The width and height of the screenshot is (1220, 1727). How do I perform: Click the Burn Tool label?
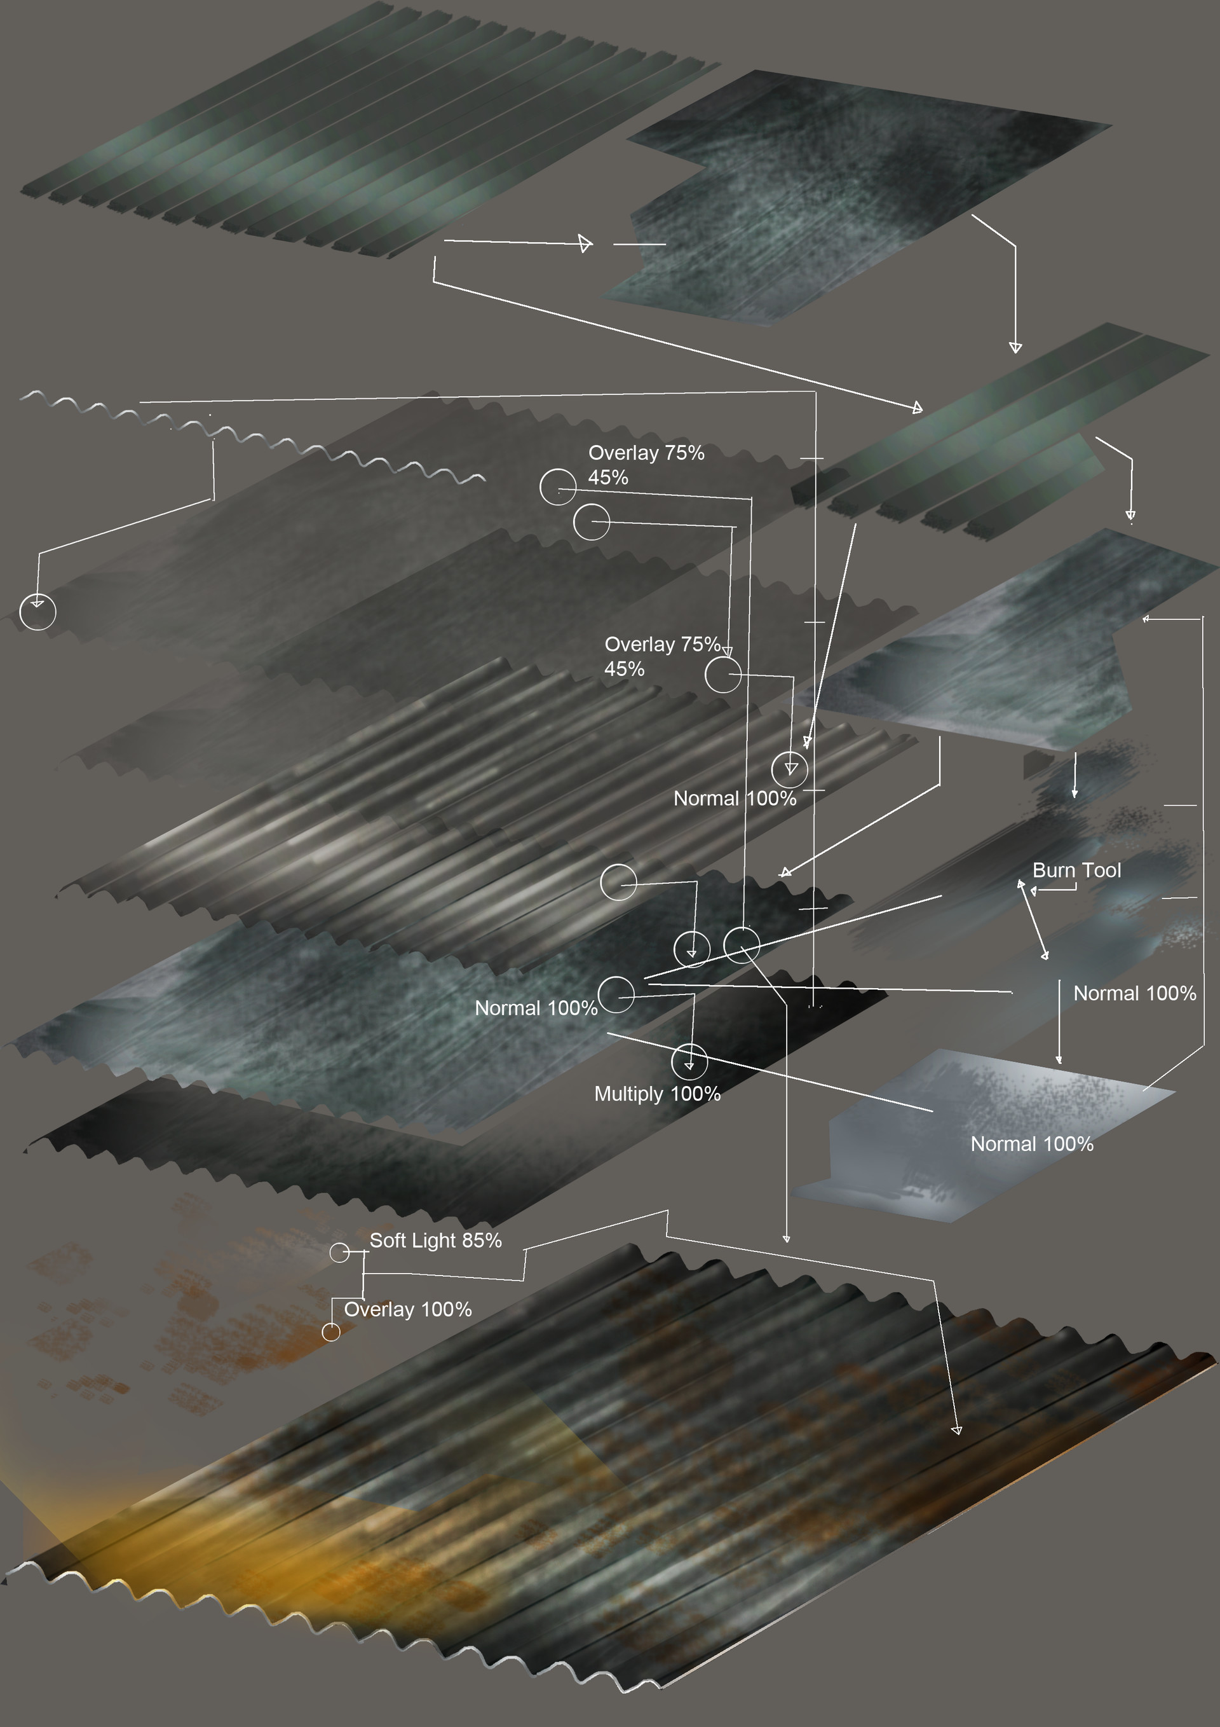(1076, 870)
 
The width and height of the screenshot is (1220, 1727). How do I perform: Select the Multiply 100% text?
(657, 1094)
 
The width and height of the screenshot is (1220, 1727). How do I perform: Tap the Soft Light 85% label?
(435, 1241)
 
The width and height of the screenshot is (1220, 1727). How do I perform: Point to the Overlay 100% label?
(407, 1309)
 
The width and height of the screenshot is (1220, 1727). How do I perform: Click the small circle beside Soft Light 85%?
(340, 1253)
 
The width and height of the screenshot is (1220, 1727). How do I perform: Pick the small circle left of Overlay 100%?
(331, 1332)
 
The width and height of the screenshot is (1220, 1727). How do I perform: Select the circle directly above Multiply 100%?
(689, 1062)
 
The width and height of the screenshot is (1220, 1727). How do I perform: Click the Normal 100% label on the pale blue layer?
(1031, 1144)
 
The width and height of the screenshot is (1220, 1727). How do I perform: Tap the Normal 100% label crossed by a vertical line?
(735, 798)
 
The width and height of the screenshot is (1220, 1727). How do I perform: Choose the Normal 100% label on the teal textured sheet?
(536, 1008)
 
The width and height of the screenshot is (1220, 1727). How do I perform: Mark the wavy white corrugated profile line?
(252, 435)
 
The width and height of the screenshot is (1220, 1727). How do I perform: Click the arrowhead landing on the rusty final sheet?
(956, 1429)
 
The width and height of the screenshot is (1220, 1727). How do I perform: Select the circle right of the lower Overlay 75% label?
(723, 674)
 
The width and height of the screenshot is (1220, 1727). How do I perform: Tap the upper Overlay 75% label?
(646, 453)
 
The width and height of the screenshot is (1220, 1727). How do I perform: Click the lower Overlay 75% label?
(662, 645)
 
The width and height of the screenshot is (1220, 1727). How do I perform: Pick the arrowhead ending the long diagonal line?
(917, 407)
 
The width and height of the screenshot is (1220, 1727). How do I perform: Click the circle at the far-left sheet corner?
(37, 612)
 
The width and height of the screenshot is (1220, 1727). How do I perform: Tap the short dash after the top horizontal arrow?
(640, 244)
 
